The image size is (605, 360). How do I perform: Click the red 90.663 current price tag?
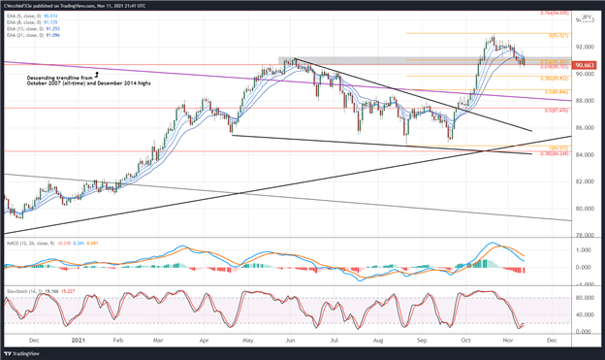(x=585, y=66)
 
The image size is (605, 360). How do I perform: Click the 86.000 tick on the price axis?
(x=584, y=127)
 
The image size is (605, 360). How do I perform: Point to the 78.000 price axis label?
(x=584, y=235)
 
